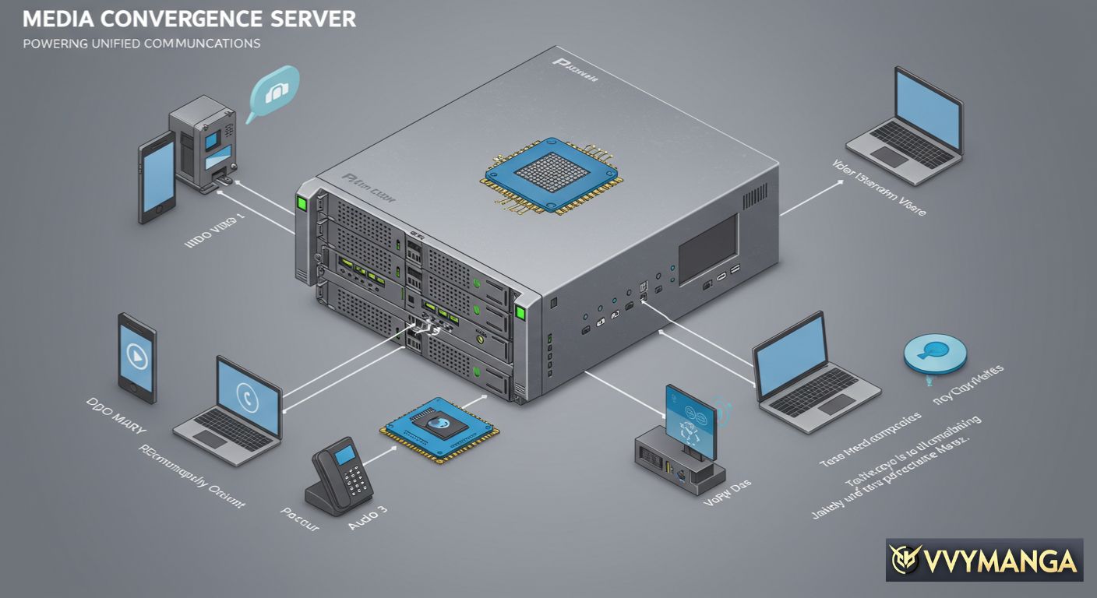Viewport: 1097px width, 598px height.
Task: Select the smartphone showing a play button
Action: [137, 354]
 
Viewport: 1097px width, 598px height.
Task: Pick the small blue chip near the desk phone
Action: [439, 429]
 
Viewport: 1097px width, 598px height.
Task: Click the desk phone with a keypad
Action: [343, 477]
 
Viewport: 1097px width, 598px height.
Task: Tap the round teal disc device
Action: [934, 354]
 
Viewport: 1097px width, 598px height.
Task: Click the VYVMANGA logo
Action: [984, 560]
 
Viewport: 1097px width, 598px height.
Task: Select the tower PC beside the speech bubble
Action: [203, 145]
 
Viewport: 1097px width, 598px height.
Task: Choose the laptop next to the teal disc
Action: [810, 374]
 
